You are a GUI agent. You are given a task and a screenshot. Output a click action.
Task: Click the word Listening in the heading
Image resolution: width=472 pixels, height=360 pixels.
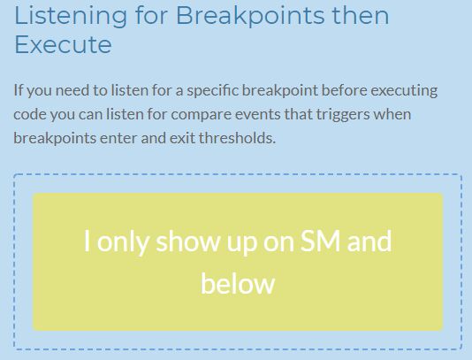click(x=71, y=17)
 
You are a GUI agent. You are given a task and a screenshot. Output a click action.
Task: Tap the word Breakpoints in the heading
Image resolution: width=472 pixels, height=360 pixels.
click(x=250, y=17)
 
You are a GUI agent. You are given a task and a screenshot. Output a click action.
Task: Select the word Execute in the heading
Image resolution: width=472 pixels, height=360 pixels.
click(x=64, y=44)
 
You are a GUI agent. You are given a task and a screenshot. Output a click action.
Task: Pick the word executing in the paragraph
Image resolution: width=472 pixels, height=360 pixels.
click(x=404, y=91)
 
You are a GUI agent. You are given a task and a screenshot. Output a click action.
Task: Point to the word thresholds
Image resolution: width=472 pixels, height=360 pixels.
click(x=237, y=138)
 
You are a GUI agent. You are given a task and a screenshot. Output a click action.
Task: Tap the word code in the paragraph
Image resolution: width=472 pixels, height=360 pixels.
click(x=29, y=114)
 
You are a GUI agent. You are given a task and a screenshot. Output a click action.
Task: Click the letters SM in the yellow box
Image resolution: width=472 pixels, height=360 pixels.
click(x=320, y=241)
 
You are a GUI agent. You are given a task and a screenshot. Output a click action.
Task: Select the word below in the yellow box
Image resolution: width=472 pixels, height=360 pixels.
click(x=238, y=283)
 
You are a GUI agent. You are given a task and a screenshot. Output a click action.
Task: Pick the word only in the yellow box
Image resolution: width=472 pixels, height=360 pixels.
click(x=123, y=242)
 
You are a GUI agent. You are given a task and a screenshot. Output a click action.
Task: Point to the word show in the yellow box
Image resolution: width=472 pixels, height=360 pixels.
click(x=188, y=241)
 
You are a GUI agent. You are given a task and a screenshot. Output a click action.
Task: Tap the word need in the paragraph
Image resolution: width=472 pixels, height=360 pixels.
click(x=72, y=90)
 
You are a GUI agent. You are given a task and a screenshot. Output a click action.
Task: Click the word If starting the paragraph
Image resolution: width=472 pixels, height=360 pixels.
click(x=18, y=90)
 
